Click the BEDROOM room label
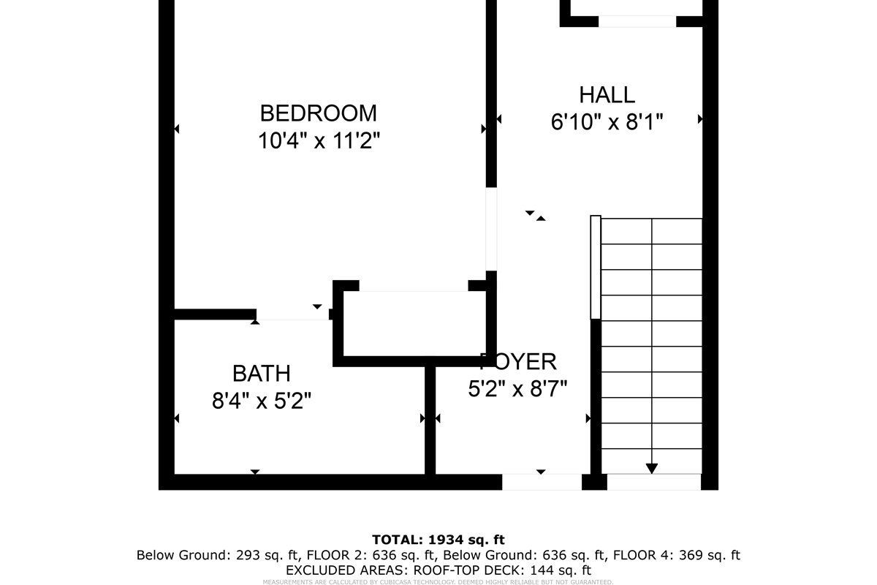(319, 113)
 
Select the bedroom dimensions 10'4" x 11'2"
(319, 140)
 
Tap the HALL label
(607, 95)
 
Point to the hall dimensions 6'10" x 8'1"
(607, 121)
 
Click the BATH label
(261, 374)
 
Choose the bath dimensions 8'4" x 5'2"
(261, 401)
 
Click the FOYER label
(518, 361)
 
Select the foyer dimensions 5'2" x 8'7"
(518, 388)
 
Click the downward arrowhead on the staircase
(651, 469)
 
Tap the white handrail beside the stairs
(596, 267)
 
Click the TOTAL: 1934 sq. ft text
(438, 540)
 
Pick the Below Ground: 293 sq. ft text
(218, 555)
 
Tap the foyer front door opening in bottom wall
(542, 482)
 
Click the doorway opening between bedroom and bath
(292, 314)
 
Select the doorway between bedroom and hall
(491, 229)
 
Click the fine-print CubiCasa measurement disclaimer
(438, 582)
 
